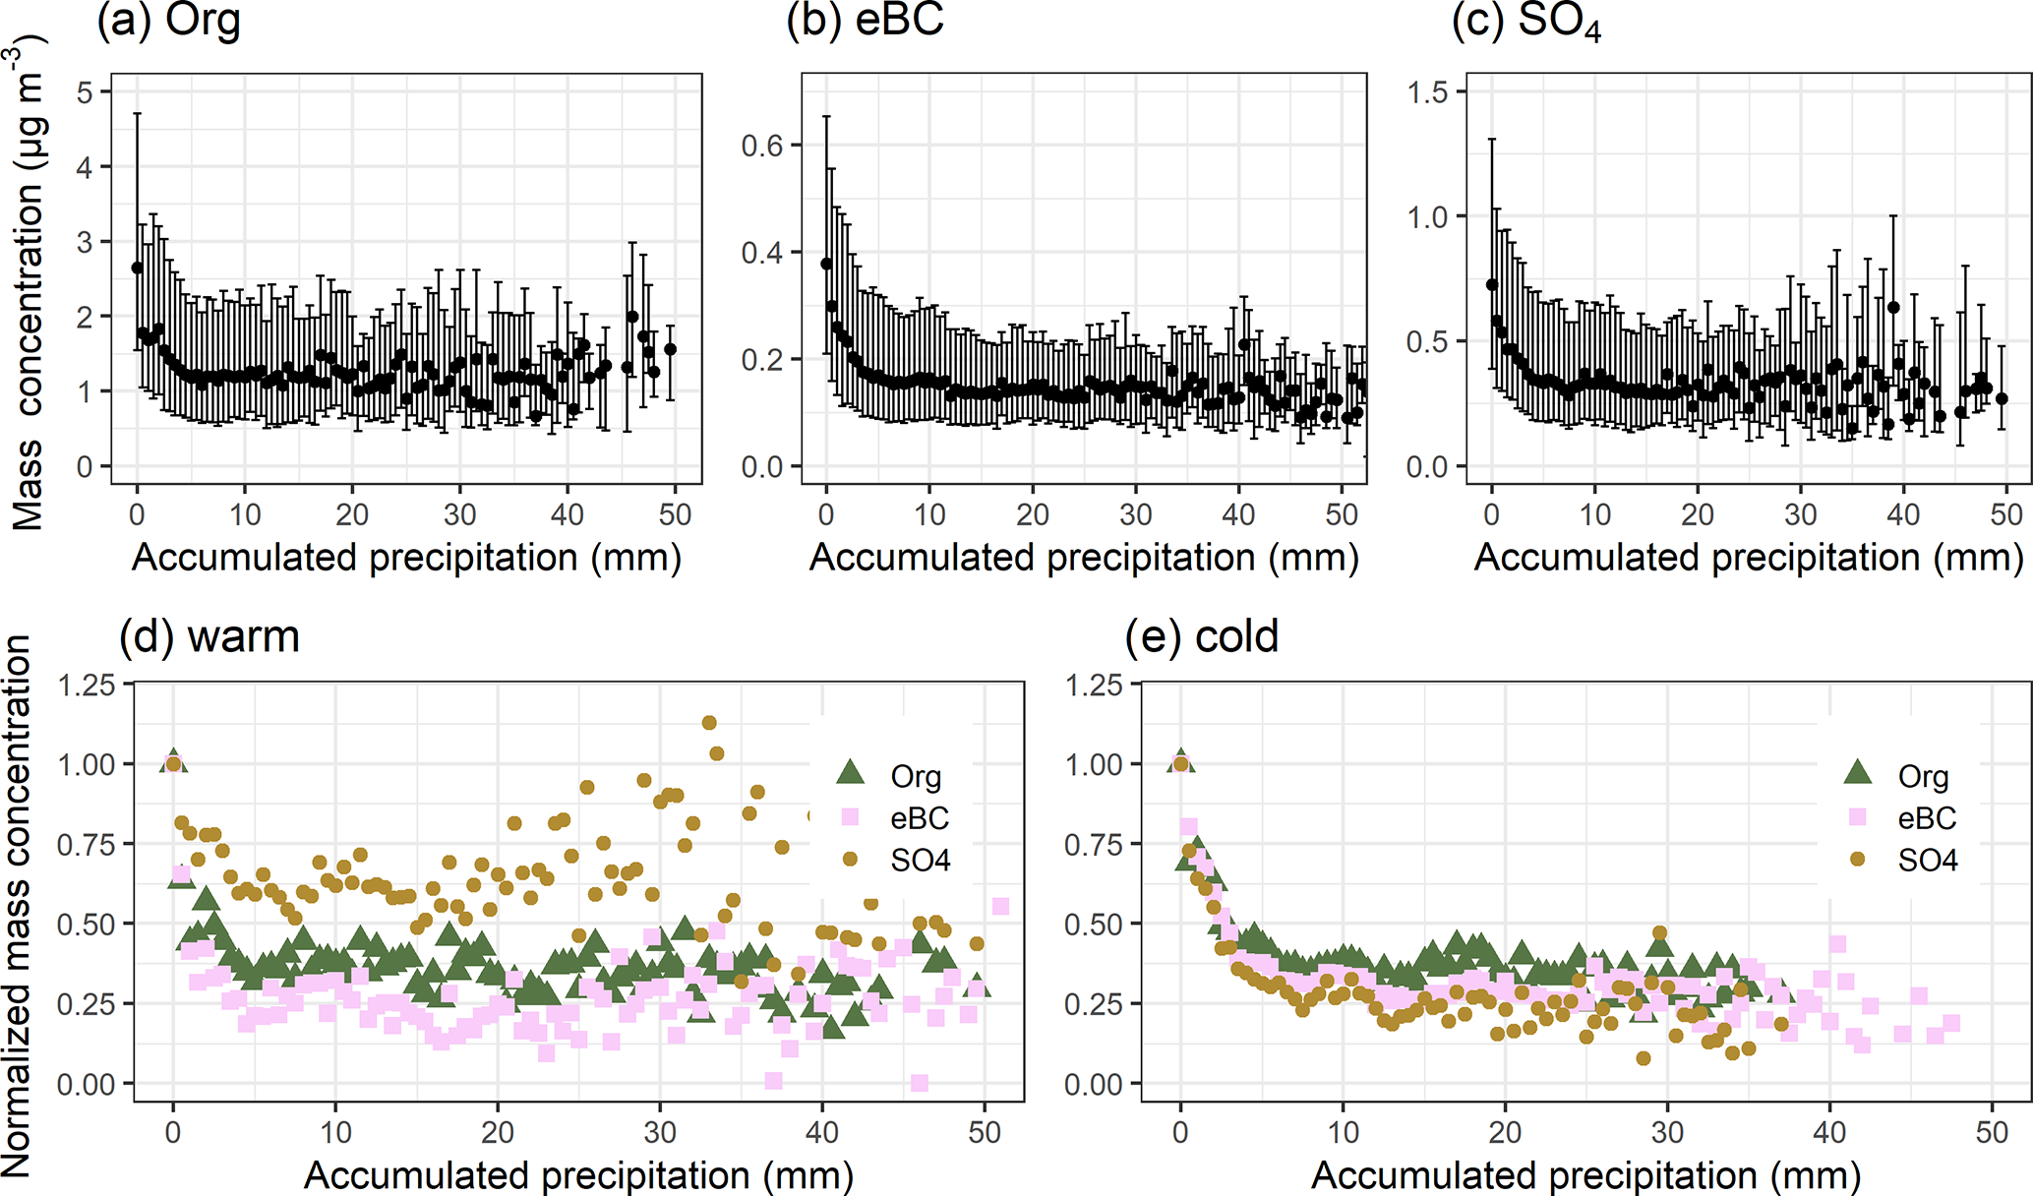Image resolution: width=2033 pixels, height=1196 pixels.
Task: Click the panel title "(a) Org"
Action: pyautogui.click(x=168, y=22)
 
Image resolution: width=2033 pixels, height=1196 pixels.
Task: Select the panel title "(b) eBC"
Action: pyautogui.click(x=865, y=22)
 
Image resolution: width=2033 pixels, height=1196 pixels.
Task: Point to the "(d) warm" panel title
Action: pyautogui.click(x=209, y=636)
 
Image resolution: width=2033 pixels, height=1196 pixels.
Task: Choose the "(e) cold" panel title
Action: pyautogui.click(x=1201, y=636)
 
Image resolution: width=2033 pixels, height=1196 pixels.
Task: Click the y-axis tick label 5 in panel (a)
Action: pyautogui.click(x=86, y=92)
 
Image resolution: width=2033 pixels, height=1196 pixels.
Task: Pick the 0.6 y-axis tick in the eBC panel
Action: pyautogui.click(x=762, y=146)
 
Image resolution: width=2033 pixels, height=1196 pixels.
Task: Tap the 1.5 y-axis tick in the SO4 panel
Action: pyautogui.click(x=1427, y=92)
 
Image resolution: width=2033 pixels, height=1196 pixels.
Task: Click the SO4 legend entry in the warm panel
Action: pyautogui.click(x=920, y=861)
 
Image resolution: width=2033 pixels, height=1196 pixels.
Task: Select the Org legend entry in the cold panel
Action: pyautogui.click(x=1923, y=777)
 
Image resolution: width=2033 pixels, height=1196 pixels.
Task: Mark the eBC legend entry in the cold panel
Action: pyautogui.click(x=1927, y=818)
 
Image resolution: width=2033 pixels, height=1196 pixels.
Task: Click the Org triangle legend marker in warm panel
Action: pyautogui.click(x=850, y=773)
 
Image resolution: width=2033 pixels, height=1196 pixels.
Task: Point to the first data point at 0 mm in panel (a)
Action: pyautogui.click(x=138, y=268)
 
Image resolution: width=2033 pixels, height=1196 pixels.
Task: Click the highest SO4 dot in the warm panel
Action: pyautogui.click(x=709, y=723)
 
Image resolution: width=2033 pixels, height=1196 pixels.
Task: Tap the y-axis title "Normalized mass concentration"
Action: pyautogui.click(x=18, y=905)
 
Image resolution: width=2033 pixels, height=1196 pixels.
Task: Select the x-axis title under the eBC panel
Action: pyautogui.click(x=1084, y=558)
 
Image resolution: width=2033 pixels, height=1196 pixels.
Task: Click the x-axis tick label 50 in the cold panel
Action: pyautogui.click(x=1992, y=1132)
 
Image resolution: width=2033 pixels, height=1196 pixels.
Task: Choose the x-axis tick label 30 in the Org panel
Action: pyautogui.click(x=459, y=514)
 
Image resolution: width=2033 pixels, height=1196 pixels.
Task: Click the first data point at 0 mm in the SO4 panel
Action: pyautogui.click(x=1492, y=284)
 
